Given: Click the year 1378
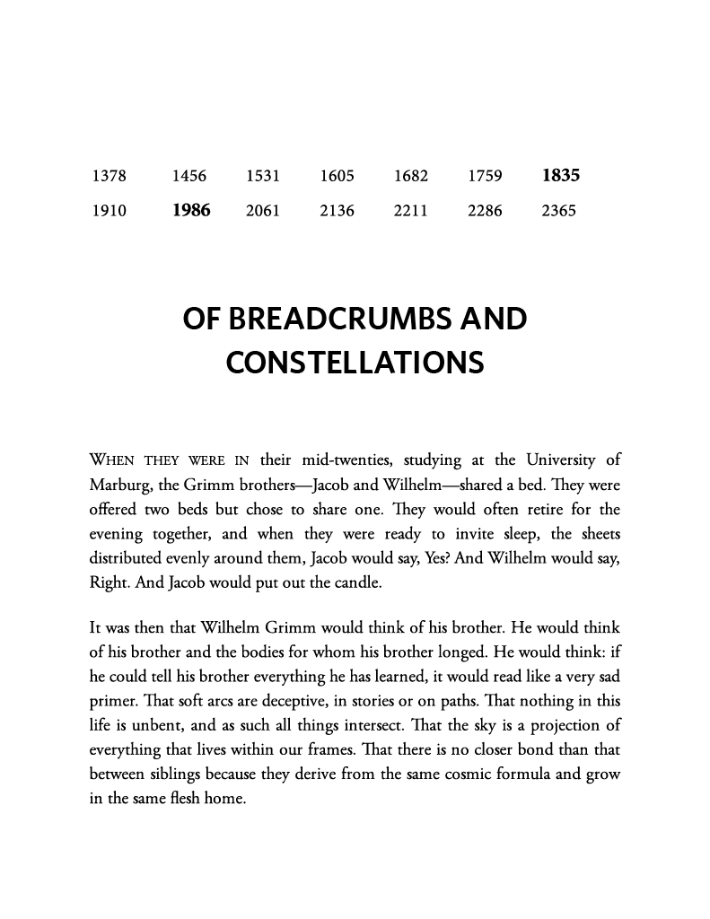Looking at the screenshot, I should (109, 176).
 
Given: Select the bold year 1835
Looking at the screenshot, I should (561, 176).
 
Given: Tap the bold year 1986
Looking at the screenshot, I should (191, 212).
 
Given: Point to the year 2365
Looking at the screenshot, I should (559, 212).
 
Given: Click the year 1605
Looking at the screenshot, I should (337, 176).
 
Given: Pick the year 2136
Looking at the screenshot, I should (337, 212).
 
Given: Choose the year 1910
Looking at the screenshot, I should (109, 212).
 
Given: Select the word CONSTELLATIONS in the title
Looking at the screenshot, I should (355, 363).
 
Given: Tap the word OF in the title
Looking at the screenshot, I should (203, 319).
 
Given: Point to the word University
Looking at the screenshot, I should (563, 461).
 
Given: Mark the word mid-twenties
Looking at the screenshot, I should (342, 461).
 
